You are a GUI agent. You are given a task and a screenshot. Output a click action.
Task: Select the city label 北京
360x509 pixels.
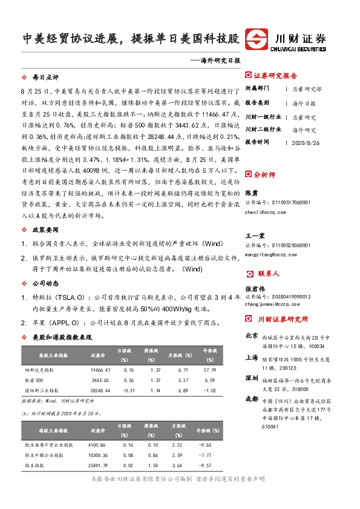click(x=251, y=336)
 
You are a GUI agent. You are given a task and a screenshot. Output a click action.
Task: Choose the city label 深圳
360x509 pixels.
click(x=251, y=378)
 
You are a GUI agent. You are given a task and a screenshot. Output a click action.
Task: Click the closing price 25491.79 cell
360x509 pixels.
click(x=97, y=465)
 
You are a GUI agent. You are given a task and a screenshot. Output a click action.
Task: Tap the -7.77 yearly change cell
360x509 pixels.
click(x=210, y=455)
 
